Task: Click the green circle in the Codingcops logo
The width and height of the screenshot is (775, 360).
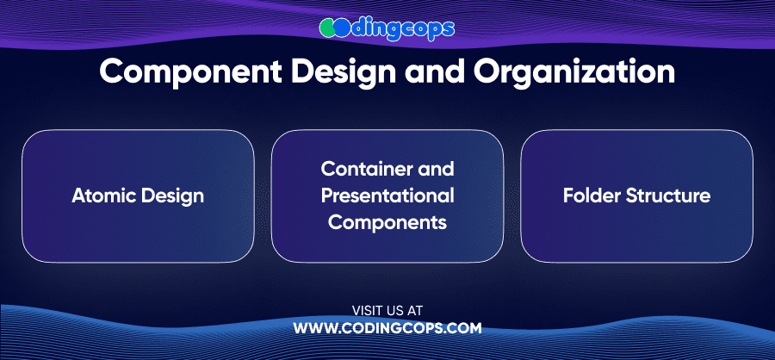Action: tap(328, 29)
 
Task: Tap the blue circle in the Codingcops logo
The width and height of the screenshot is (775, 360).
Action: tap(343, 29)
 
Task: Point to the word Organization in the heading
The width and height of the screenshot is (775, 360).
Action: tap(574, 72)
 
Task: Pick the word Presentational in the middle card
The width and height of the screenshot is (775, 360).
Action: tap(387, 196)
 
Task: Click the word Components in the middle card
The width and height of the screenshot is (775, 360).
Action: tap(387, 223)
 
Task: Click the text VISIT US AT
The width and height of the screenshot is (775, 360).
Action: tap(387, 311)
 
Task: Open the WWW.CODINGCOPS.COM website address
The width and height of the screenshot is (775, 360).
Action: tap(387, 328)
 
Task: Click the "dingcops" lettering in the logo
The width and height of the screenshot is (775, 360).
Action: tap(402, 29)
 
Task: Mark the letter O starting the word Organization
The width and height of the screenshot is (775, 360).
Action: tap(487, 72)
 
